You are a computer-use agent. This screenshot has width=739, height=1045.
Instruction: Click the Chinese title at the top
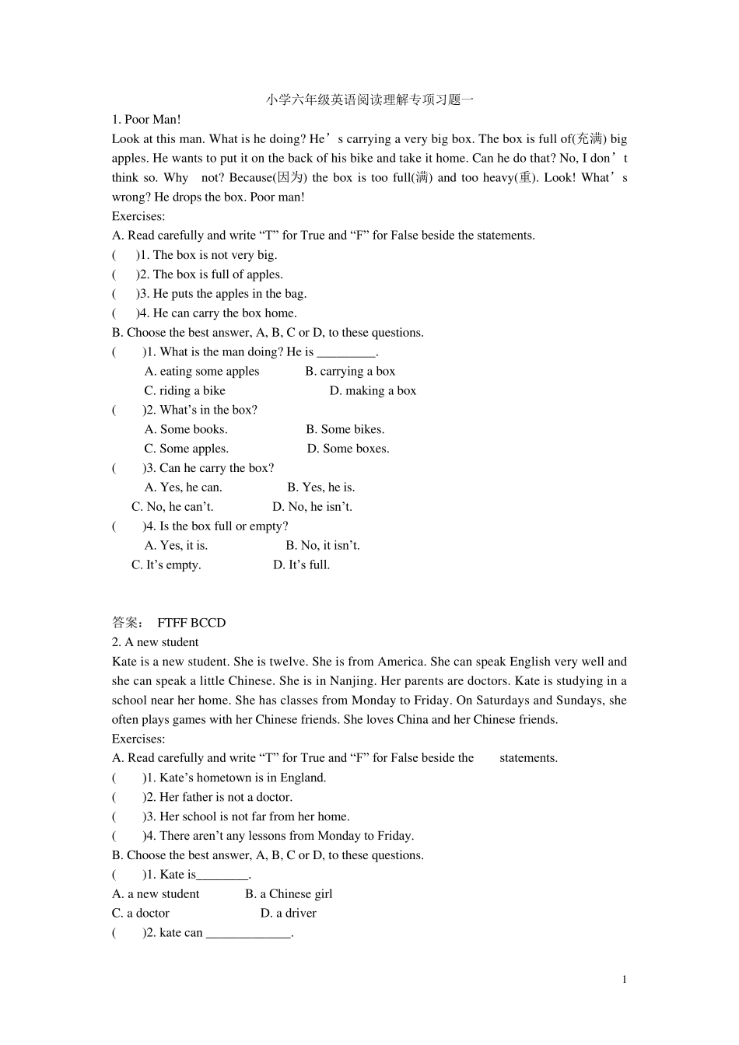click(369, 100)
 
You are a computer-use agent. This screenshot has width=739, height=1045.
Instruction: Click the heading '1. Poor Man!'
click(146, 119)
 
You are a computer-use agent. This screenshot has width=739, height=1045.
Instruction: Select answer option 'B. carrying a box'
click(350, 372)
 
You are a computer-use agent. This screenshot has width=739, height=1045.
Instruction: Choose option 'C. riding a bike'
click(185, 391)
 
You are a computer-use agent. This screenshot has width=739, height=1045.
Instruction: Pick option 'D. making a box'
click(373, 391)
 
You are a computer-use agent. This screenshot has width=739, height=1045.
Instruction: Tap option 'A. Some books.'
click(186, 429)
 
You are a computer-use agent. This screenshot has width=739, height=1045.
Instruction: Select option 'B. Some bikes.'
click(345, 429)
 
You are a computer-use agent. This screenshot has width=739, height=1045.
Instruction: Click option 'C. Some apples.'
click(187, 449)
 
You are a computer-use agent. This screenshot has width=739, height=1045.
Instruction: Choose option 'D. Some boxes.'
click(348, 449)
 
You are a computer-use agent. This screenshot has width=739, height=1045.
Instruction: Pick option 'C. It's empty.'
click(166, 565)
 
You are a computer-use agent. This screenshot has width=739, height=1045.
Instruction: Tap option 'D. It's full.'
click(301, 565)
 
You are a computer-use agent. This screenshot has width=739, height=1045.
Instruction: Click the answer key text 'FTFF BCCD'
click(191, 623)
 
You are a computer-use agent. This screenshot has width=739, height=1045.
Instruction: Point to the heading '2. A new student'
click(156, 642)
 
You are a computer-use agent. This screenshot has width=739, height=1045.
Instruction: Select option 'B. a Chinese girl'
click(289, 894)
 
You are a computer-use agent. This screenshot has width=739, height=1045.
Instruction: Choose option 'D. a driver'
click(288, 914)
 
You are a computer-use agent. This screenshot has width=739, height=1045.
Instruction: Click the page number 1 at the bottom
click(624, 980)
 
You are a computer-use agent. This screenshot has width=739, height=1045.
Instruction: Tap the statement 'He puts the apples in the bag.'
click(229, 294)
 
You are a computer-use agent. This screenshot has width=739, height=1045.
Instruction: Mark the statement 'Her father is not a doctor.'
click(226, 797)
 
